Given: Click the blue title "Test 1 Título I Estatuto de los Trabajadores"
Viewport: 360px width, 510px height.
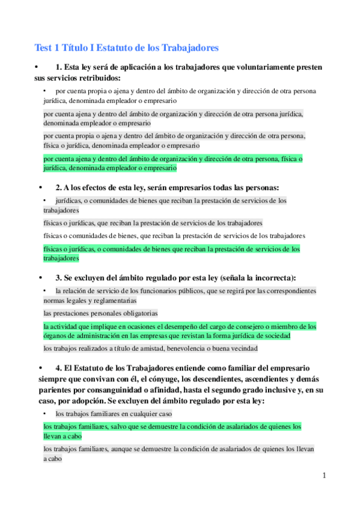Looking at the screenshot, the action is [x=126, y=48].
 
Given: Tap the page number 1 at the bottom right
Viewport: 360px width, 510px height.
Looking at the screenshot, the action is [x=324, y=476].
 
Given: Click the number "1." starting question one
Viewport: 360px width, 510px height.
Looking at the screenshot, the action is [x=59, y=67].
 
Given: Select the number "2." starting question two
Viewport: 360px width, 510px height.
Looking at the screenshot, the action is [x=59, y=188].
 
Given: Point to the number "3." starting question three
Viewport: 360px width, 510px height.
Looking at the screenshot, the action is [x=59, y=277].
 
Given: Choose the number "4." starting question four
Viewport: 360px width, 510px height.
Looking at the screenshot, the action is [x=59, y=367].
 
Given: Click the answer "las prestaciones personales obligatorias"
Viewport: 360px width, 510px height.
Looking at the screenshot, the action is [x=100, y=313].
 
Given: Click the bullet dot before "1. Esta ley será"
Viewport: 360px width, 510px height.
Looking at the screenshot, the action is [x=37, y=67].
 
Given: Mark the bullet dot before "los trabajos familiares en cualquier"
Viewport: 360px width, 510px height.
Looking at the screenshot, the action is [x=45, y=414].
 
